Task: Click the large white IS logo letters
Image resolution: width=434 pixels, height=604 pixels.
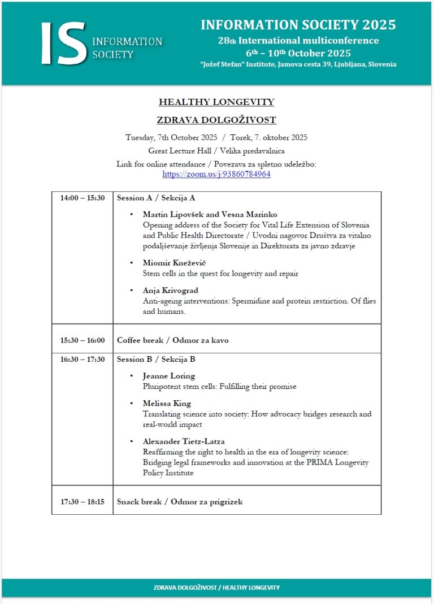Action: [63, 43]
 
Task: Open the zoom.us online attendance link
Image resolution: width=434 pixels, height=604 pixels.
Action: [216, 174]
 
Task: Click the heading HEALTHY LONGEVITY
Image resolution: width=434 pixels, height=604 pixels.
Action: [216, 102]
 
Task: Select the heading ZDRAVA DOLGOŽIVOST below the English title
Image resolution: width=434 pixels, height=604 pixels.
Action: [216, 120]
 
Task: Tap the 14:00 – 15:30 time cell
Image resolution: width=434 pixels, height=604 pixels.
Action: [83, 198]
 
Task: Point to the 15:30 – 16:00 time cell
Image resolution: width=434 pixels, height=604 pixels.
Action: [83, 340]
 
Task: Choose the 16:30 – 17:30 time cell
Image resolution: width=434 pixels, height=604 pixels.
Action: [83, 360]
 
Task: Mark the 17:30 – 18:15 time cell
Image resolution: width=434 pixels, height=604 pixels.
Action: [83, 501]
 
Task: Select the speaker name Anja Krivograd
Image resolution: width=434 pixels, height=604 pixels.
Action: [170, 291]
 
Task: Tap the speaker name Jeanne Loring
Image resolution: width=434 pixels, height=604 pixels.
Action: [169, 376]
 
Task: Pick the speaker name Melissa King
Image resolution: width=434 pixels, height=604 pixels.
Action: [167, 404]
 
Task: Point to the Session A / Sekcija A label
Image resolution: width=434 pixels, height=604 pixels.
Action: [156, 198]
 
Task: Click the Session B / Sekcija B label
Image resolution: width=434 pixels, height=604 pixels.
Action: [156, 360]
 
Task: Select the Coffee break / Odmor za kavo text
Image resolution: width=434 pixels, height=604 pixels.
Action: [172, 340]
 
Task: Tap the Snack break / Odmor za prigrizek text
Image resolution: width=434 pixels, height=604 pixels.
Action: [180, 501]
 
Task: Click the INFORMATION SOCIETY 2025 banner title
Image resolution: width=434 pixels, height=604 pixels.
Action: [298, 25]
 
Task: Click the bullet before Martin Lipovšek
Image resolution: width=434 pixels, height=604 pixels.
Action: [132, 215]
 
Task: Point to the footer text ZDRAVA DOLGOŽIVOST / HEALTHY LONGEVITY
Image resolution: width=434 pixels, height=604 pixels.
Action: [216, 588]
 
